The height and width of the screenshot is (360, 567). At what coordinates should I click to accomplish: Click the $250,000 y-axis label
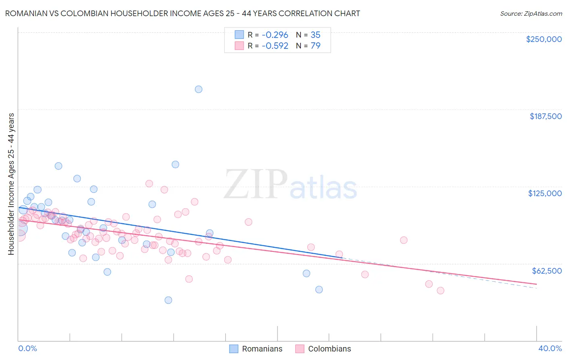click(544, 39)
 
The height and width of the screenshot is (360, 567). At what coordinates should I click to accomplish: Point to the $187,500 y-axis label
click(545, 116)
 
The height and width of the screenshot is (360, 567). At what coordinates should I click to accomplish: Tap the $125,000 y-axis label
click(545, 193)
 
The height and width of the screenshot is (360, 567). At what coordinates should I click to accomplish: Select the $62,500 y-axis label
click(546, 271)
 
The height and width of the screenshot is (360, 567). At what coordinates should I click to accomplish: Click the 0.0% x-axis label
click(27, 348)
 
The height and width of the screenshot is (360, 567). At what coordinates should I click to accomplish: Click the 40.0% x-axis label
click(550, 348)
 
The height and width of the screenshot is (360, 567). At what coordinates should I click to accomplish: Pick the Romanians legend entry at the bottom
click(256, 349)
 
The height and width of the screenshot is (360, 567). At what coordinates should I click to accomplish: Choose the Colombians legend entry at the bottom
click(323, 349)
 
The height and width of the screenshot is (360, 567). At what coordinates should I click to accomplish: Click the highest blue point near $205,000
click(198, 89)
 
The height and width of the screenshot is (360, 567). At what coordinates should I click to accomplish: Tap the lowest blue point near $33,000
click(168, 300)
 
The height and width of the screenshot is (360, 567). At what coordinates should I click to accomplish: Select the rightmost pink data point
click(440, 291)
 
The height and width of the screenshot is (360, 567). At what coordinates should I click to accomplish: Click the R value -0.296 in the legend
click(275, 35)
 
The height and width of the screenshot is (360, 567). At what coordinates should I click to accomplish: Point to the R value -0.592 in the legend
click(275, 46)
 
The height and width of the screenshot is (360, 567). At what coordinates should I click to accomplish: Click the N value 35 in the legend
click(315, 35)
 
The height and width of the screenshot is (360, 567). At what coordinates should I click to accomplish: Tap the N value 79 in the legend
click(315, 46)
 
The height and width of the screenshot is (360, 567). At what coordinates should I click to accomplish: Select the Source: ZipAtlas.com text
click(531, 13)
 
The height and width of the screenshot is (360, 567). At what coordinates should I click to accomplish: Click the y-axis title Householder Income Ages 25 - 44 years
click(11, 184)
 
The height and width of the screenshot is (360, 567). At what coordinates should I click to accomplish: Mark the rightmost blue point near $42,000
click(319, 289)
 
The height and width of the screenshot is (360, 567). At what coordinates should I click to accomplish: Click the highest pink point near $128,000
click(149, 183)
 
